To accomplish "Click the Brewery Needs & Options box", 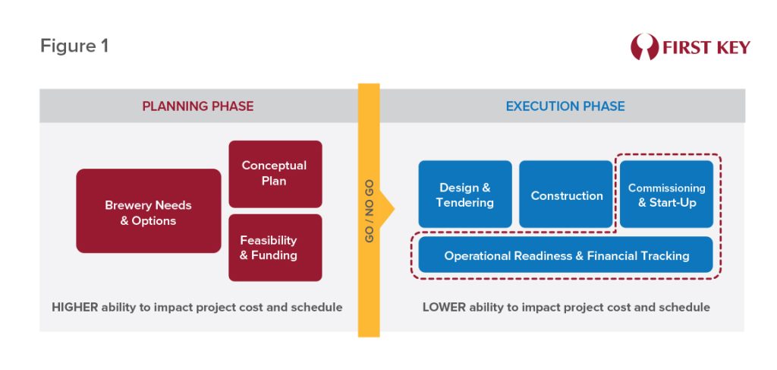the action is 149,210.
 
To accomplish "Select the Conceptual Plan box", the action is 275,173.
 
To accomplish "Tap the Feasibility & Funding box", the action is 275,248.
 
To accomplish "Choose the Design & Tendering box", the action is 465,194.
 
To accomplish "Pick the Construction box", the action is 566,194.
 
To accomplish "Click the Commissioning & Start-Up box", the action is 666,194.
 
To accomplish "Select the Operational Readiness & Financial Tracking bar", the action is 566,255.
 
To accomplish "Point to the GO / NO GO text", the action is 370,210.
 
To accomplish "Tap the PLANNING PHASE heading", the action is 198,106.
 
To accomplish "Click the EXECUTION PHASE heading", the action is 565,106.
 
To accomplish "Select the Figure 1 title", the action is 74,46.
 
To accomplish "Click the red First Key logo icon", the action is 644,47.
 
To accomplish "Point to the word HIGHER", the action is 75,307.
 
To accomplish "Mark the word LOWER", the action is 444,307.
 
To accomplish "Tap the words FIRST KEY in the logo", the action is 706,48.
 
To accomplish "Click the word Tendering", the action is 465,202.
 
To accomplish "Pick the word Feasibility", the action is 269,241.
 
